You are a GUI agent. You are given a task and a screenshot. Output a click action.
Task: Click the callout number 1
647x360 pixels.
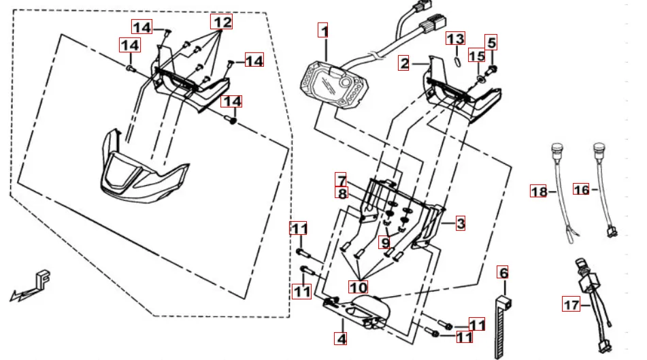(x=325, y=31)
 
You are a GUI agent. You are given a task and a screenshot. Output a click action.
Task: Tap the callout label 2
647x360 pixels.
(x=404, y=64)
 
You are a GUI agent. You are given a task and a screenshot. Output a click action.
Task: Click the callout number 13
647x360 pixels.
(x=455, y=39)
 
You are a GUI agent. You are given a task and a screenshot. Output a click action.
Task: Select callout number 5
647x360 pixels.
(x=491, y=42)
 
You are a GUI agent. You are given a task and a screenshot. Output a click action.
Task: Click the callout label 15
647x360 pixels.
(x=477, y=56)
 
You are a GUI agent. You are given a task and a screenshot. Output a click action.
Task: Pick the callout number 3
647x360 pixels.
(x=461, y=223)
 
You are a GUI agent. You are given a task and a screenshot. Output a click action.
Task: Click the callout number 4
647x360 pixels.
(x=340, y=338)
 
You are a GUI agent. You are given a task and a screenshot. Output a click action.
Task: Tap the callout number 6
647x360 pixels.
(x=503, y=274)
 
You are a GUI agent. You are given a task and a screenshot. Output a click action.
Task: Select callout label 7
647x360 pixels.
(x=340, y=180)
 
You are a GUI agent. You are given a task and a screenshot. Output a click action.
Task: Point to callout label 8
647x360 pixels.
(x=342, y=194)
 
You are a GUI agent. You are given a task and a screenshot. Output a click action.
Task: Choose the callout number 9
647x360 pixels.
(x=385, y=242)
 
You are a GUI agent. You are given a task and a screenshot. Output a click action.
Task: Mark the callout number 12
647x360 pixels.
(x=220, y=22)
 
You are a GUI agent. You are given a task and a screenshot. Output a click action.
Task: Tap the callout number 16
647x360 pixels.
(x=580, y=191)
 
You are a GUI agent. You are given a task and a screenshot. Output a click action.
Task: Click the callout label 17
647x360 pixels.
(x=570, y=306)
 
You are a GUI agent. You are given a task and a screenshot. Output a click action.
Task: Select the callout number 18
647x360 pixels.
(x=538, y=192)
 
